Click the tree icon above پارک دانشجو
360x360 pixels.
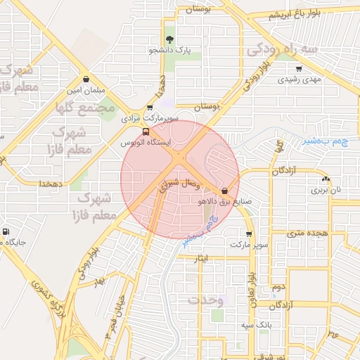pos(169,39)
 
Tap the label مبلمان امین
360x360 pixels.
pos(86,91)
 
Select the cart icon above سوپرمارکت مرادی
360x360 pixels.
pos(150,108)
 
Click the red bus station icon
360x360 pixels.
pos(146,131)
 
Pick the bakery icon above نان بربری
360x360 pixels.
pos(326,179)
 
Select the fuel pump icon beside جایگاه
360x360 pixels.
pos(6,231)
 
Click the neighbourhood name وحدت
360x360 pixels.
pos(205,300)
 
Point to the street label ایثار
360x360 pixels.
pos(202,259)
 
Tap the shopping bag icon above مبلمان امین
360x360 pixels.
pos(86,79)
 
